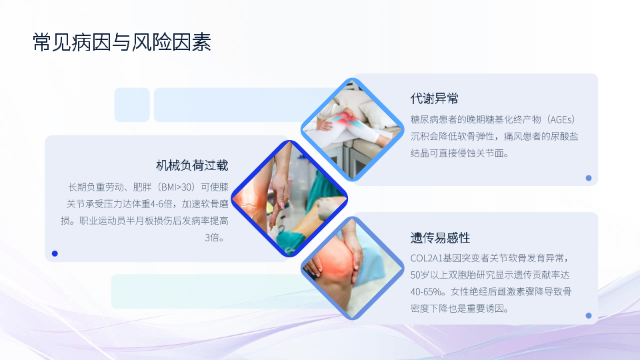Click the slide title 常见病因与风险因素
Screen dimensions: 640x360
coord(121,43)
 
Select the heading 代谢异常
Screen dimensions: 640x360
coord(434,99)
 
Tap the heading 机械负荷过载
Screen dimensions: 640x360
coord(192,165)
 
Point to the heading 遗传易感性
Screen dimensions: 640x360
coord(440,237)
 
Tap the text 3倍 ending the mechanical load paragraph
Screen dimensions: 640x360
coord(214,237)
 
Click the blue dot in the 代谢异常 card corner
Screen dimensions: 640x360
coord(589,178)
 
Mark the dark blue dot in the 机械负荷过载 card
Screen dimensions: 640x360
coord(55,253)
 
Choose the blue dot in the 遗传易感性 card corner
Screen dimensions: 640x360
coord(589,315)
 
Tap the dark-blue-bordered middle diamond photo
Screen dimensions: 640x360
coord(289,199)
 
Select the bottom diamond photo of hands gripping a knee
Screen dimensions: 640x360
coord(352,268)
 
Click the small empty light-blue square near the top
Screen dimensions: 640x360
coord(132,105)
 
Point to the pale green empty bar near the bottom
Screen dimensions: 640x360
coord(212,291)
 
